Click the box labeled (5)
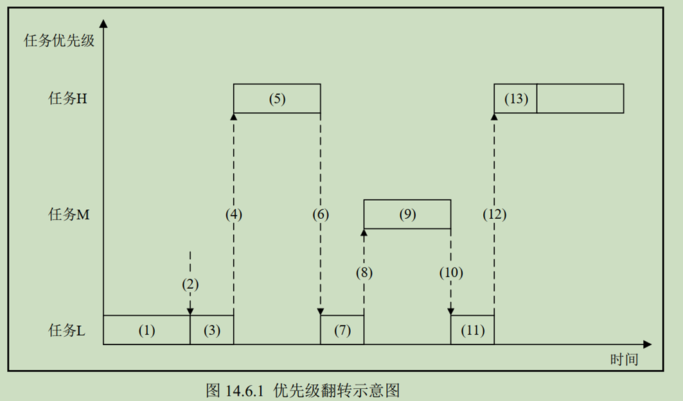[277, 99]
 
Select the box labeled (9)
[407, 215]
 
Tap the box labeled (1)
[146, 330]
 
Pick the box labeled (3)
[212, 330]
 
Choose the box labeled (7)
[342, 330]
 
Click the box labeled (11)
[472, 330]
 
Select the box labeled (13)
[515, 99]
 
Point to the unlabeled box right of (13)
[580, 99]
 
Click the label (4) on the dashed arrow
[234, 215]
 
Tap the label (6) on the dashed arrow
[321, 215]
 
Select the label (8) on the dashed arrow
[364, 272]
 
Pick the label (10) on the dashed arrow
[451, 272]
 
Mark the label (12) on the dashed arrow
[494, 215]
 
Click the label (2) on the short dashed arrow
[190, 284]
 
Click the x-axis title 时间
[624, 359]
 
